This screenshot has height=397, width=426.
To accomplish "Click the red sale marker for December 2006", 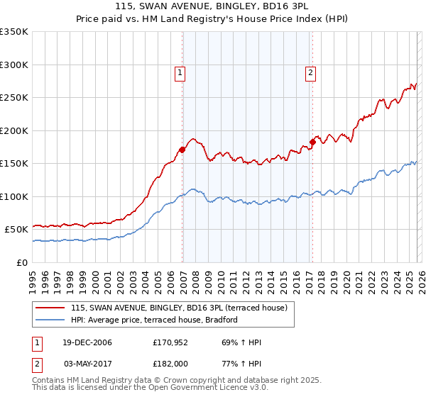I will (182, 150).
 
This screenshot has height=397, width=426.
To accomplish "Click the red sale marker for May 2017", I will (312, 142).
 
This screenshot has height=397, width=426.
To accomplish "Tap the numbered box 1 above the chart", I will (180, 72).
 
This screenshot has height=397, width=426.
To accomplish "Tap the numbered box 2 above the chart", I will (311, 72).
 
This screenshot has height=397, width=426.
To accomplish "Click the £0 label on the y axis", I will (21, 262).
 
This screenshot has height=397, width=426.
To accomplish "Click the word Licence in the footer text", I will (206, 388).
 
